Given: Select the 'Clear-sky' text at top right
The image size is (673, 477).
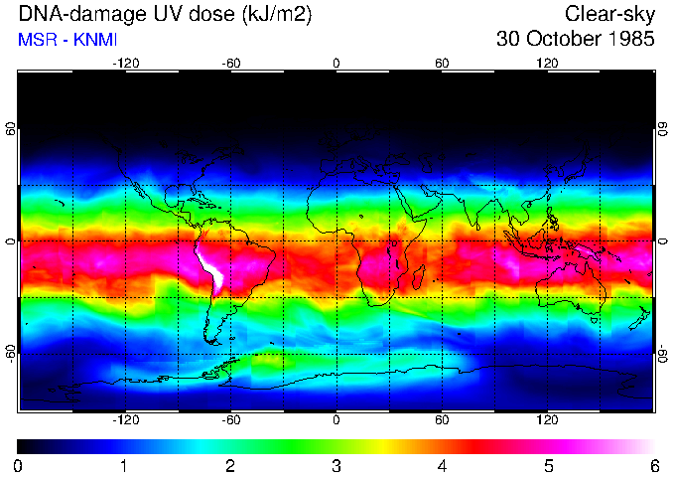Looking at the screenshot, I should pos(609,14).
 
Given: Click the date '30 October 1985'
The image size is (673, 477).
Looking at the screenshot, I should pos(575,40).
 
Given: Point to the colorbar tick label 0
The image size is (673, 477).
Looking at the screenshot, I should pos(19,465).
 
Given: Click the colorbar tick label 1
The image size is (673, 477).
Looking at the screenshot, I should pos(124,465).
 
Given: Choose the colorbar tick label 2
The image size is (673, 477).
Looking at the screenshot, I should pos(230,465).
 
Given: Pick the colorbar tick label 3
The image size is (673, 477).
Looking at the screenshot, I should pos(336,465).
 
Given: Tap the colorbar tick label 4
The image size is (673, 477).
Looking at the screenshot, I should pos(443,465).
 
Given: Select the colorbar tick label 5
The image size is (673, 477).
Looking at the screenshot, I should pos(548,465).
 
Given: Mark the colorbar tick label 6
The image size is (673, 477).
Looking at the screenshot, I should pos(653,465).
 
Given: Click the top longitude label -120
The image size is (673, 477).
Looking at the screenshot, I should pos(125,64).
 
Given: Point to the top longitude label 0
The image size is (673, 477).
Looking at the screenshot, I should pos(336,64).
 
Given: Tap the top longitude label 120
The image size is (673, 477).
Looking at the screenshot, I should pos(547,64).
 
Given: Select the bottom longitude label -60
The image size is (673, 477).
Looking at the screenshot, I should pos(230,420).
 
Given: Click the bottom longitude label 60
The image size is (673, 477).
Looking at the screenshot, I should pos(442,420).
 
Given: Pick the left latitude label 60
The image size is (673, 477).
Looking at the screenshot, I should pos(10,129).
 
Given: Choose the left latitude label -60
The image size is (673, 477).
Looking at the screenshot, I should pos(10,354).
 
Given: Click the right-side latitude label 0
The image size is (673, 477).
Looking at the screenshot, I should pos(662,241).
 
